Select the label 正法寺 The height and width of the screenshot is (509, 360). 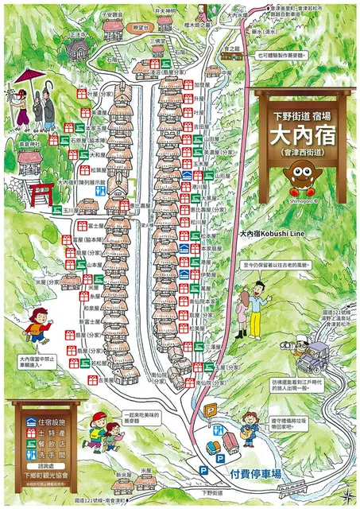click(77, 36)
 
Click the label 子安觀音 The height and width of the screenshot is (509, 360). click(113, 14)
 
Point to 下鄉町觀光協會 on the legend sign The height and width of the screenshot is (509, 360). click(48, 486)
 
